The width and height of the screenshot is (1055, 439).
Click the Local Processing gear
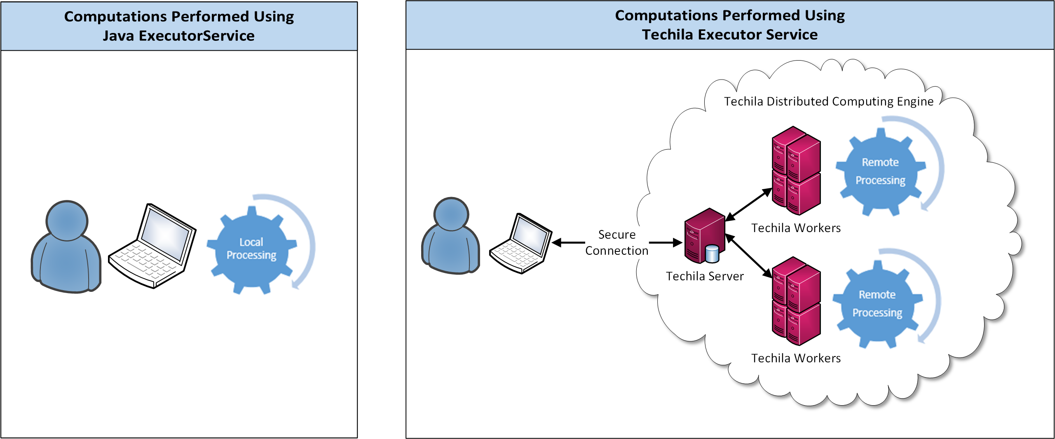coord(251,249)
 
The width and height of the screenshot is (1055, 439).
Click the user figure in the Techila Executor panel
coord(451,237)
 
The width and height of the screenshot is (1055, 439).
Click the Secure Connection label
coord(617,242)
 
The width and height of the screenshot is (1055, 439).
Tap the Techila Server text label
coord(705,276)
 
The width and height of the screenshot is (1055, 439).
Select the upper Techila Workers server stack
coord(796,171)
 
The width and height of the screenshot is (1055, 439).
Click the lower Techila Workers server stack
coord(796,301)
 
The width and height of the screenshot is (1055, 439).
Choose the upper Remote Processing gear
coord(880,171)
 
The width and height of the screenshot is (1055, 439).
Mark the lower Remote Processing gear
coord(877,304)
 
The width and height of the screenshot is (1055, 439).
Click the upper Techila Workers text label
coord(796,228)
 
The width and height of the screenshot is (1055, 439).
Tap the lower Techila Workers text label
coord(796,358)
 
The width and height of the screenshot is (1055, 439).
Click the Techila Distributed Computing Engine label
coord(829,101)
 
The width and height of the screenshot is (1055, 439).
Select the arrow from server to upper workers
coord(748,205)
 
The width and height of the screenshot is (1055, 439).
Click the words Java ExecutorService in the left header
coord(178,36)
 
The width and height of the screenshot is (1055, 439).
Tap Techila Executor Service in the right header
coord(729,35)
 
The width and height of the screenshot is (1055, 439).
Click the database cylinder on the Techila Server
coord(712,254)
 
